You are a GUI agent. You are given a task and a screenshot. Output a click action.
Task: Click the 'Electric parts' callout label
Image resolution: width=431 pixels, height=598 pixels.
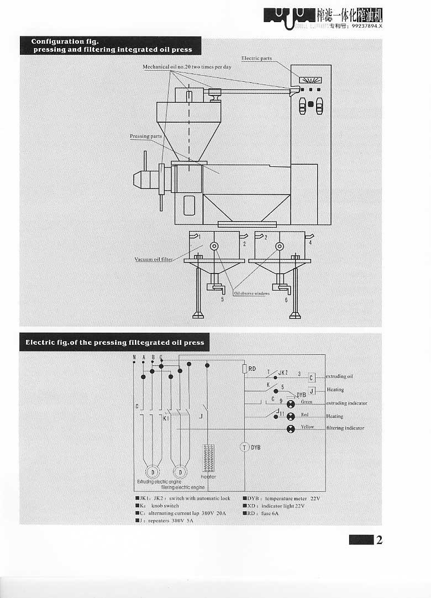pos(256,58)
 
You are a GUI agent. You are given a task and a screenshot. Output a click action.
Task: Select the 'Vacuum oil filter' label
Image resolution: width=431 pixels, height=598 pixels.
pos(154,259)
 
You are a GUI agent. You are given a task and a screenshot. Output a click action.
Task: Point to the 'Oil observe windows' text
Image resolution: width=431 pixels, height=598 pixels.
pos(251,293)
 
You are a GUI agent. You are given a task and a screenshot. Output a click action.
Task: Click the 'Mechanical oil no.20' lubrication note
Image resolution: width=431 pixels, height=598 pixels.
pos(187,66)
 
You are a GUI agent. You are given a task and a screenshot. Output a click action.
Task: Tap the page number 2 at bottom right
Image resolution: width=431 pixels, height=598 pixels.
pos(379,540)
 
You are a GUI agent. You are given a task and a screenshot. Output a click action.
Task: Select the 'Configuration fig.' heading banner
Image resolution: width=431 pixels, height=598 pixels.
pos(111,45)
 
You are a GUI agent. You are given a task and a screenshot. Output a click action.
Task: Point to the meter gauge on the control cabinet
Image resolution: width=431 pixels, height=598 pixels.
pos(311,80)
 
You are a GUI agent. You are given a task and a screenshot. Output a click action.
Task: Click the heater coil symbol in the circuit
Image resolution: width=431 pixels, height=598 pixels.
pos(208,457)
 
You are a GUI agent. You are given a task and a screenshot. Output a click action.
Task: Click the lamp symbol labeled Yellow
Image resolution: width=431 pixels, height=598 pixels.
pos(291,429)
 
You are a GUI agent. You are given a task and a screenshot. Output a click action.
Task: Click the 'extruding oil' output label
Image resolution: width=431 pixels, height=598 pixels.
pos(339,376)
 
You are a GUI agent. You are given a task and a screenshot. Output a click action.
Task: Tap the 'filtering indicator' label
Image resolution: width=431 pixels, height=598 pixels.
pos(345,428)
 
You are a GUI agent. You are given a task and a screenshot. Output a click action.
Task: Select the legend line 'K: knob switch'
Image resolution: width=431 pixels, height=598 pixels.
pos(157,506)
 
